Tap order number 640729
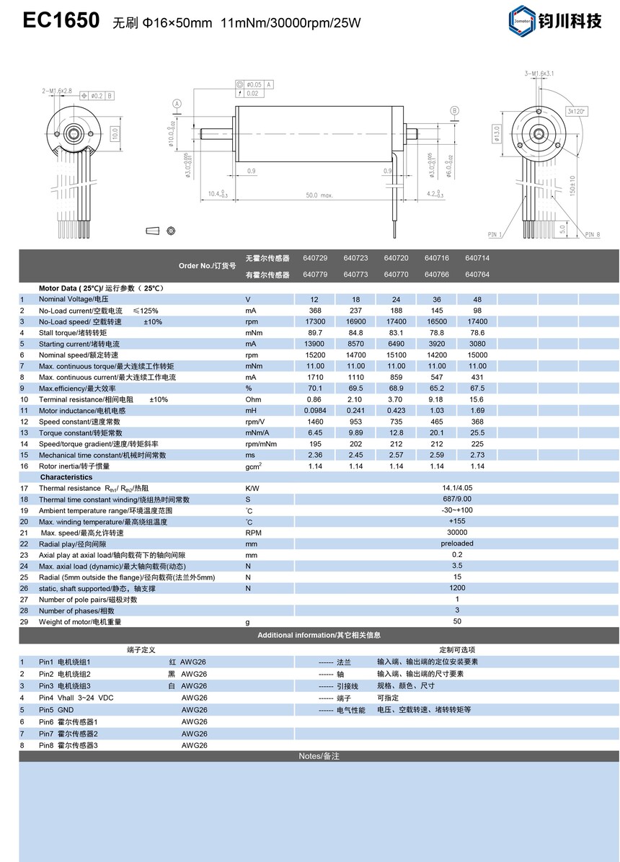tap(315, 258)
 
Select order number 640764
tap(477, 275)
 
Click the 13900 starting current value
tap(315, 344)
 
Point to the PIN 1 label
tap(495, 234)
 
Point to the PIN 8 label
tap(593, 234)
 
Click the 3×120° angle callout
tap(577, 112)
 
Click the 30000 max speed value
tap(457, 533)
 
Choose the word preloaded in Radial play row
tap(457, 544)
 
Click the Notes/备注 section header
tap(319, 756)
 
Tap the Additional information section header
tap(319, 635)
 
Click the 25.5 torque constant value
tap(477, 432)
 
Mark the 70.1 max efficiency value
tap(315, 388)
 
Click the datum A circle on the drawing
tap(177, 104)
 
